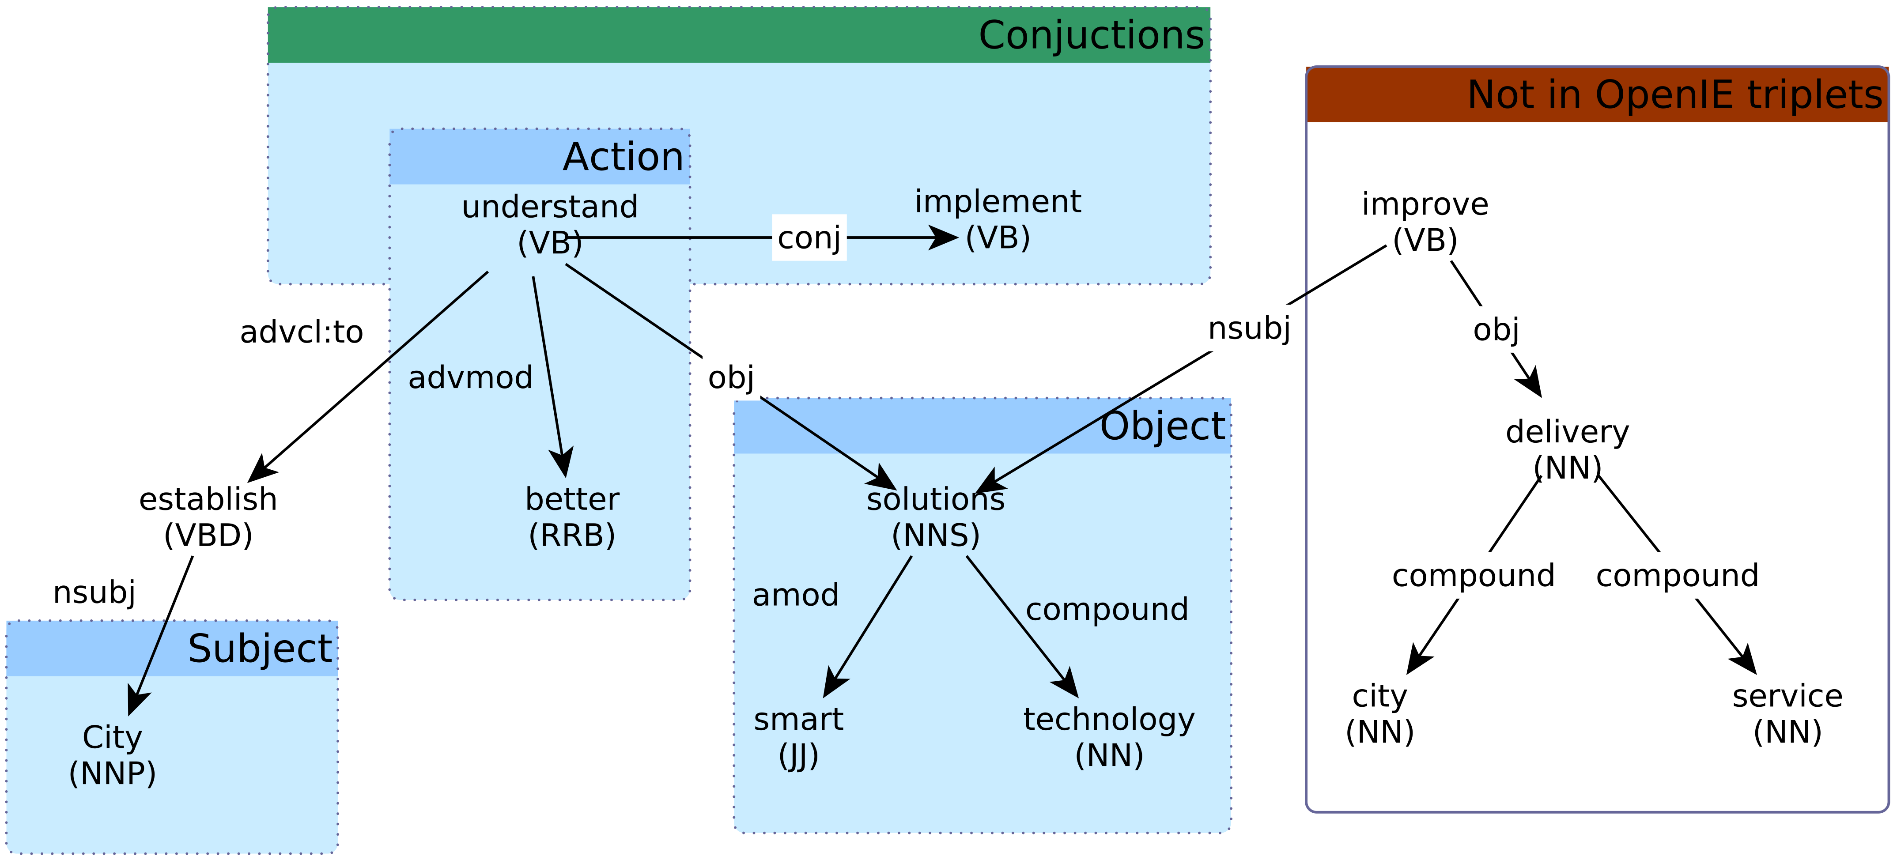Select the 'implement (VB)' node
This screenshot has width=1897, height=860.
point(998,219)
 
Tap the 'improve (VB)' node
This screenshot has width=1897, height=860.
point(1424,222)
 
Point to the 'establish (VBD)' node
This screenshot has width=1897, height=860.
point(208,517)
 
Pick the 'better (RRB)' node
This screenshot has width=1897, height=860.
point(572,517)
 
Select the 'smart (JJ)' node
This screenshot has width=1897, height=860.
point(798,737)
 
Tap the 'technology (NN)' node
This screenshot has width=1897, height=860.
point(1109,737)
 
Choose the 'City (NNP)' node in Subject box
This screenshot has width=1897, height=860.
point(112,755)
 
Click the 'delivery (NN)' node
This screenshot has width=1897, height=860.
point(1567,449)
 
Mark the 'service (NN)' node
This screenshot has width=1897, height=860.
point(1787,713)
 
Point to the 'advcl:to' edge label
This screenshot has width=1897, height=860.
point(301,332)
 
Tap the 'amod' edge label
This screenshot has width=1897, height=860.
point(795,595)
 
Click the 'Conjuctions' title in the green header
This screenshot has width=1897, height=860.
point(1091,35)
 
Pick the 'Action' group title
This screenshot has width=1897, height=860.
point(623,157)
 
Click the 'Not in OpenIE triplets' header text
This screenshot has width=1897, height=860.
point(1674,95)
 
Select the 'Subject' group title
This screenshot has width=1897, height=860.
point(260,649)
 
